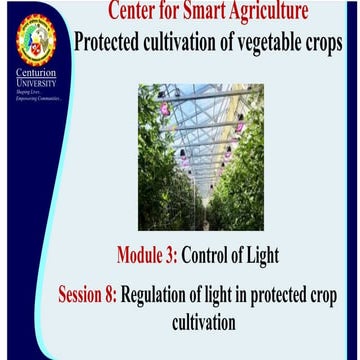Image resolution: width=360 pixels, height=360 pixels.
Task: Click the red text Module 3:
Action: [x=147, y=256]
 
